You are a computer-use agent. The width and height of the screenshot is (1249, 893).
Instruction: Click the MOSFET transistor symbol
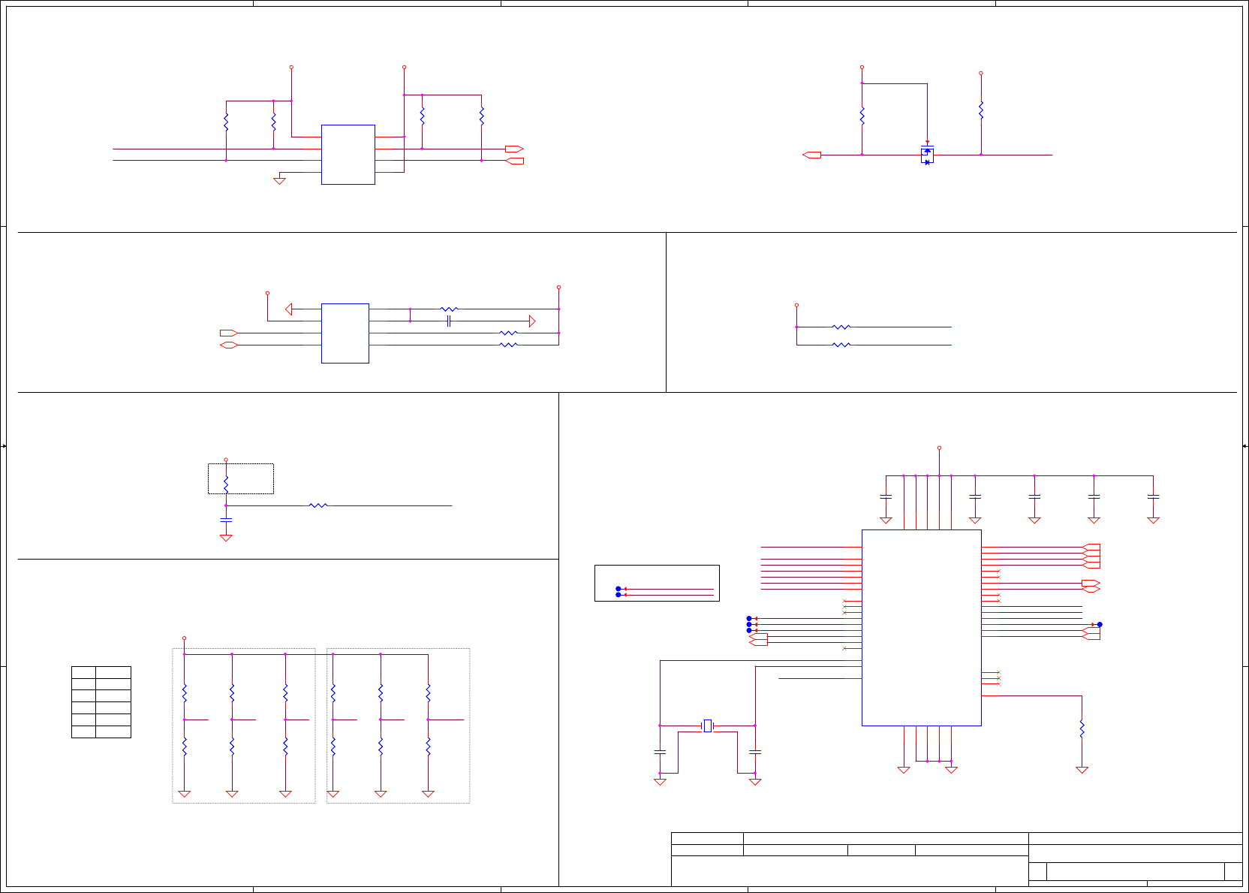927,155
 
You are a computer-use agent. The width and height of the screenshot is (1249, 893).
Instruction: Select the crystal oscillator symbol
707,726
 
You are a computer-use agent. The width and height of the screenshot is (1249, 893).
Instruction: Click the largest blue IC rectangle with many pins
921,628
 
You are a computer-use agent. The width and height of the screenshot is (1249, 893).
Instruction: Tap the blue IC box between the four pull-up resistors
348,155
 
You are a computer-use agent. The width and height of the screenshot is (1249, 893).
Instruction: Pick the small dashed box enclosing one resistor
240,478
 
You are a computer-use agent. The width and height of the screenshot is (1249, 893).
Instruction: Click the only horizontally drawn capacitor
448,321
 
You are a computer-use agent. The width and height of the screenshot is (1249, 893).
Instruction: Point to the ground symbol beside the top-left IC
279,180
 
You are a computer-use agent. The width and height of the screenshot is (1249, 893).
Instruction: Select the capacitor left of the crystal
660,751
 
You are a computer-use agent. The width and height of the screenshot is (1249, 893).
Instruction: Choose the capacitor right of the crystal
755,751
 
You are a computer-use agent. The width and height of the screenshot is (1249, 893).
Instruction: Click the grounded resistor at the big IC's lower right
1082,729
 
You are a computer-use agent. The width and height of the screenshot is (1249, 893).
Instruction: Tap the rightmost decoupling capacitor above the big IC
1154,496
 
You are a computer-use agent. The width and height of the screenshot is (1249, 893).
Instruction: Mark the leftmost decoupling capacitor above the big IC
886,496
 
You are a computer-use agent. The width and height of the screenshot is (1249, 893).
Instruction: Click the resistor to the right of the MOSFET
981,110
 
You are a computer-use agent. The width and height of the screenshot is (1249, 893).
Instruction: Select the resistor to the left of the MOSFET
862,116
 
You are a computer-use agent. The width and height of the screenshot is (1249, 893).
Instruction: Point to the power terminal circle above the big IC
939,448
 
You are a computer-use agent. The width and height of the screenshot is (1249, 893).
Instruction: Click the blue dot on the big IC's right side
1100,624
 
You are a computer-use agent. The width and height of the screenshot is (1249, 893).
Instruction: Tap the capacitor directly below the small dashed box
226,520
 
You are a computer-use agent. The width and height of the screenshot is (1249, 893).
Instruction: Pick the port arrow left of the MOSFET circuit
811,155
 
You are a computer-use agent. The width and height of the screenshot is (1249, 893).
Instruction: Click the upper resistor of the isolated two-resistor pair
841,327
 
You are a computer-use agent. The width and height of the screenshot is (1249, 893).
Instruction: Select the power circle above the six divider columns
184,638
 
